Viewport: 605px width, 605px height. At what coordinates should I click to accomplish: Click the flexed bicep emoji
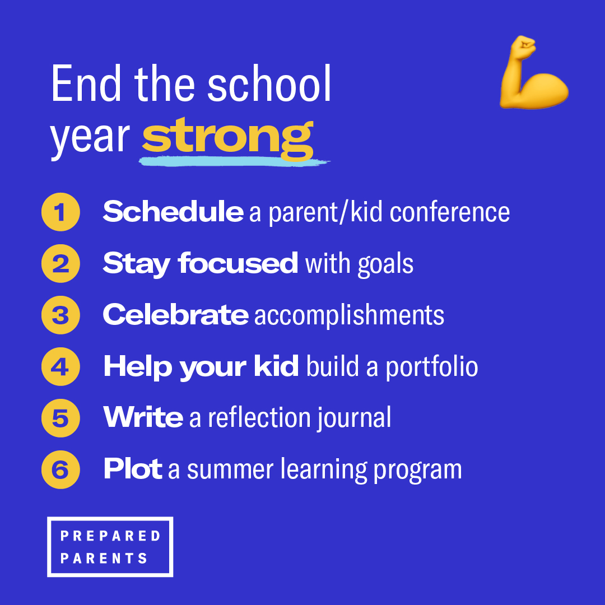pos(532,74)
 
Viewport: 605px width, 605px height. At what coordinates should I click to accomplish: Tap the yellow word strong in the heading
pos(227,137)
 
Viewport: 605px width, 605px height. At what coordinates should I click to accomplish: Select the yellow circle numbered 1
pos(61,212)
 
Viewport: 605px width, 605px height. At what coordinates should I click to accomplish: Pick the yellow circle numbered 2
pos(61,263)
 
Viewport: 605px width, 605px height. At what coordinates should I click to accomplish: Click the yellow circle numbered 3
pos(61,315)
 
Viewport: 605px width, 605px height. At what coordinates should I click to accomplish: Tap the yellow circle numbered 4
pos(61,366)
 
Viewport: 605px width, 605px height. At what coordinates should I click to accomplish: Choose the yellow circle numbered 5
pos(61,418)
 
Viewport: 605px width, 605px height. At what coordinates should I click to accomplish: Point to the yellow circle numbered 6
pos(61,469)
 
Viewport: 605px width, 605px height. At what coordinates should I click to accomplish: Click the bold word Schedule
pos(173,212)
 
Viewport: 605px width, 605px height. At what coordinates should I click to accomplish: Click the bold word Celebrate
pos(175,315)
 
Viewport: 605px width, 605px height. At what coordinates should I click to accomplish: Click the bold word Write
pos(143,418)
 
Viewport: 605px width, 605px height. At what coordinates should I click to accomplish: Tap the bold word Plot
pos(133,469)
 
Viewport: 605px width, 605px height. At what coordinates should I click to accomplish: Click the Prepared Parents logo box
pos(110,547)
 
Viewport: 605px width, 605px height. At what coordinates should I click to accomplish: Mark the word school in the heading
pos(269,85)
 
